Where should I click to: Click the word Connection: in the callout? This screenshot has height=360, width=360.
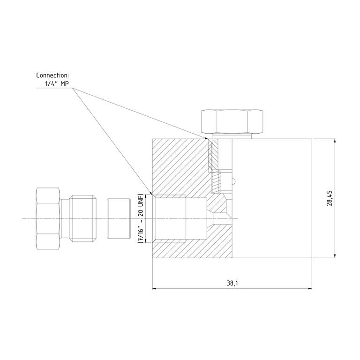coord(52,75)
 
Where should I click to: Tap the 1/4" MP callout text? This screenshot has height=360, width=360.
coord(57,84)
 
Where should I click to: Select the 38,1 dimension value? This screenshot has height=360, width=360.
coord(232,283)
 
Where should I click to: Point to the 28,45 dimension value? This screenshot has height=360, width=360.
coord(330,198)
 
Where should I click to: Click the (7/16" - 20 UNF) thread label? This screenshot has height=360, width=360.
coord(140,218)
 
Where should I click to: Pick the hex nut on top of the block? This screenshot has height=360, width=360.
coord(232,122)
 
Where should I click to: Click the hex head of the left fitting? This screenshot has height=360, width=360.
coord(48,218)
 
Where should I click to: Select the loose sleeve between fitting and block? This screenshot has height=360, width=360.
coord(119,218)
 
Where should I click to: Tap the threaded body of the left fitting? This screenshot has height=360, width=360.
coord(83,218)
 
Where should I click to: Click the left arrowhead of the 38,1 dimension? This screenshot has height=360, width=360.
coord(155,288)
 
